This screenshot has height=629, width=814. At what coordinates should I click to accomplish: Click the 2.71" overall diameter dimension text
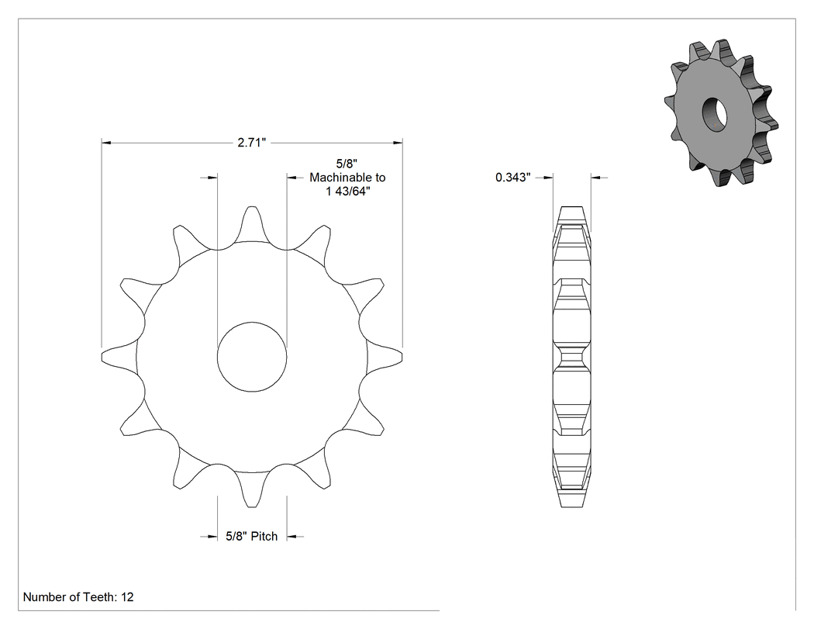click(252, 143)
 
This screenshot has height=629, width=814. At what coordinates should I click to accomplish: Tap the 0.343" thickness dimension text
click(513, 178)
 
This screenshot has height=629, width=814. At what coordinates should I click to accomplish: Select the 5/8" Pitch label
click(252, 536)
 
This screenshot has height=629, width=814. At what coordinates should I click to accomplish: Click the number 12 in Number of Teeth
click(128, 597)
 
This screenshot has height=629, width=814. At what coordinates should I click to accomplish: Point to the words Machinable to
click(347, 178)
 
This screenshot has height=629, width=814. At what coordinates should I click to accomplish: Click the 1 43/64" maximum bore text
click(348, 191)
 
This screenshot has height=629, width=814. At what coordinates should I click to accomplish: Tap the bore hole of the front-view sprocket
click(252, 357)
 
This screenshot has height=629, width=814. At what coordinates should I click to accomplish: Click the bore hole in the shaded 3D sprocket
click(715, 114)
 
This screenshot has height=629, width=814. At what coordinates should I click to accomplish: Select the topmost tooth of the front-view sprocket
click(252, 223)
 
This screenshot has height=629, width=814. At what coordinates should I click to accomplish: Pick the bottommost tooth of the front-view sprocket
click(252, 490)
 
